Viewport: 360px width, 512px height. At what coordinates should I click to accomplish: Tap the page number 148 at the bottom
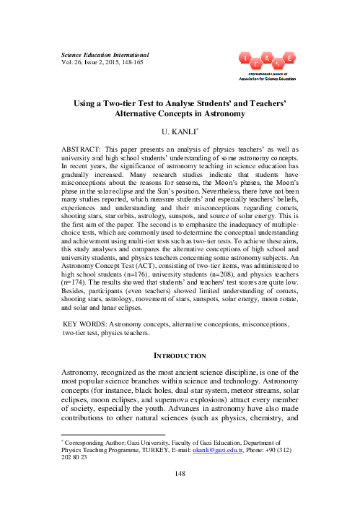pyautogui.click(x=179, y=494)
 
